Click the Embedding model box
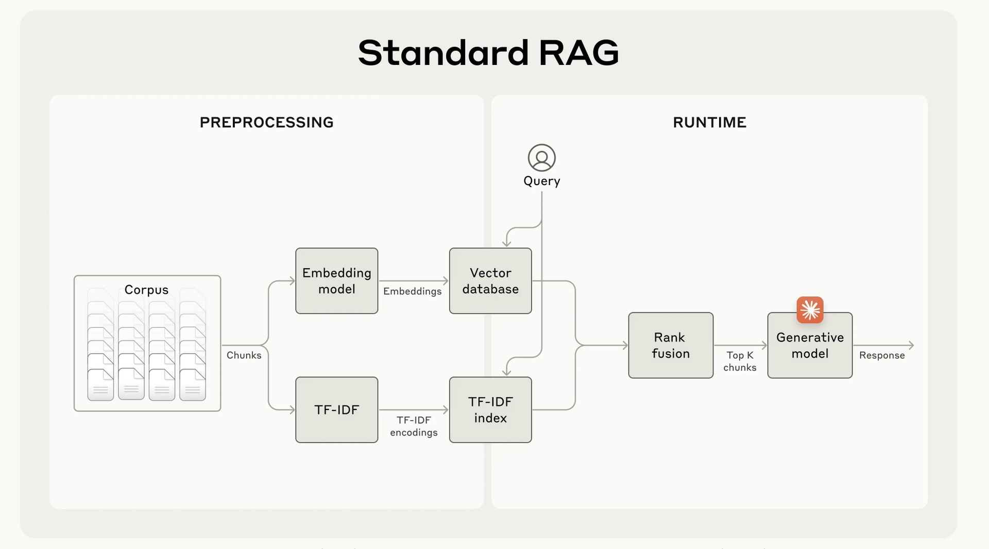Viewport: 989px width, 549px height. click(x=336, y=281)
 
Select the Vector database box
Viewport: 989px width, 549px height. click(x=490, y=281)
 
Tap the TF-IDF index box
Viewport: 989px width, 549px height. click(x=490, y=410)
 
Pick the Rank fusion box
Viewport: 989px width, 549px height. click(x=670, y=345)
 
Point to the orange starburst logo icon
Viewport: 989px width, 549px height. click(x=810, y=310)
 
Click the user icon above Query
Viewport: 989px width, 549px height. click(x=541, y=158)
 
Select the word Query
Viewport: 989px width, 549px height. click(x=541, y=181)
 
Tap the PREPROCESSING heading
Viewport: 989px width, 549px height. click(x=266, y=122)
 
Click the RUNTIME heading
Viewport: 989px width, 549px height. click(x=709, y=122)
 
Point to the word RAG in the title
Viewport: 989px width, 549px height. click(x=578, y=53)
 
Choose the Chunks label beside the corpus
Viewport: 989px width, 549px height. click(x=244, y=355)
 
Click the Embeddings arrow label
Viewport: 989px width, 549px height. click(x=412, y=291)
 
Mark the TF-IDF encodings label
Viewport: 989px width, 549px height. click(x=414, y=426)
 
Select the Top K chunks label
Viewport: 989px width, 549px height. click(x=740, y=361)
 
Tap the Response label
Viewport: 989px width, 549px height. click(x=881, y=355)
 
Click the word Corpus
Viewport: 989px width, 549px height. click(x=146, y=290)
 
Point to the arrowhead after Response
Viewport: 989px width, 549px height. click(x=911, y=345)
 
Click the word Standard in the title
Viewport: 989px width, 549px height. click(x=443, y=53)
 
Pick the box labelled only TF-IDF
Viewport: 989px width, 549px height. click(x=336, y=410)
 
